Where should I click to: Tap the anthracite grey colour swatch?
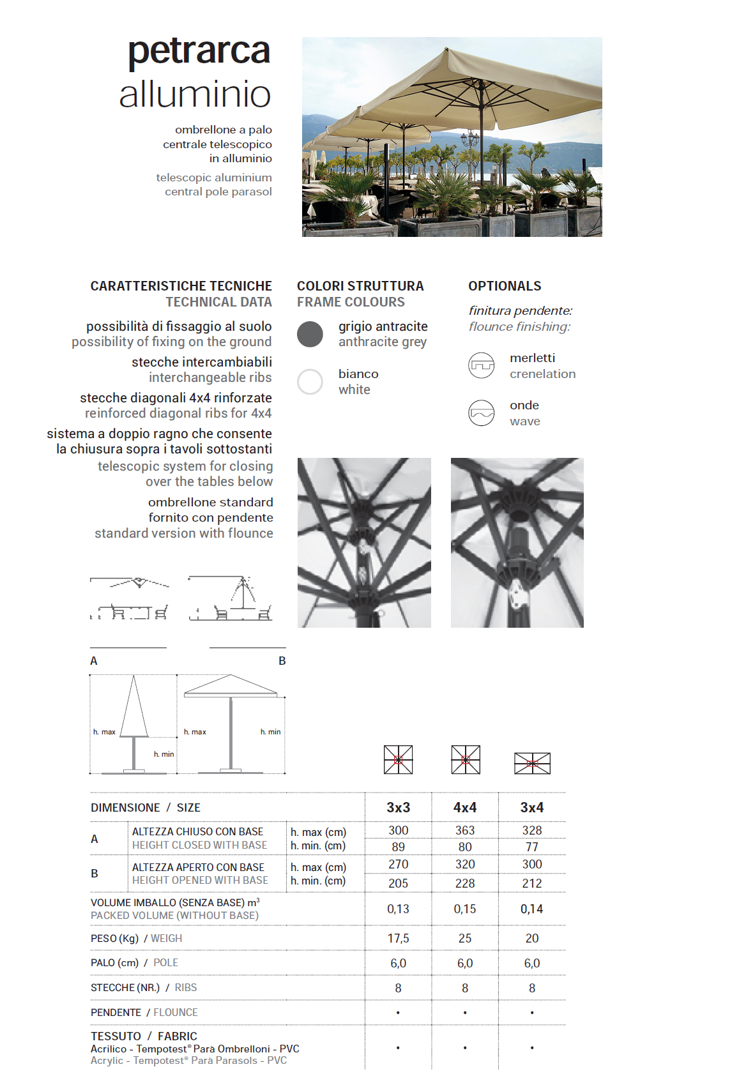(310, 334)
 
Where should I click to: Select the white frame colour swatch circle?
(310, 382)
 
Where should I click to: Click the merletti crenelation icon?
(482, 366)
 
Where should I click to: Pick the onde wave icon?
(482, 413)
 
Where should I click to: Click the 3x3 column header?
(398, 808)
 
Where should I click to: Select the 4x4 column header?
(465, 808)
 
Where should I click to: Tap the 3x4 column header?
(532, 808)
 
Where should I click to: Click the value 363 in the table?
(465, 830)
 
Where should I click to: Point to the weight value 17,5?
(398, 938)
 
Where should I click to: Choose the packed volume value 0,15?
(465, 909)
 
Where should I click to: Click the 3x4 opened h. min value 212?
(532, 883)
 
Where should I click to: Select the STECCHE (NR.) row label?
(125, 987)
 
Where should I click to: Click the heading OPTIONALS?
(505, 286)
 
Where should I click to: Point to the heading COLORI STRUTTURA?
(360, 286)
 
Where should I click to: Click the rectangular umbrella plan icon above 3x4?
(532, 763)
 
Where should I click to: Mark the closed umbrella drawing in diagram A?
(133, 709)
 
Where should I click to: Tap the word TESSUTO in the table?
(116, 1036)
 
